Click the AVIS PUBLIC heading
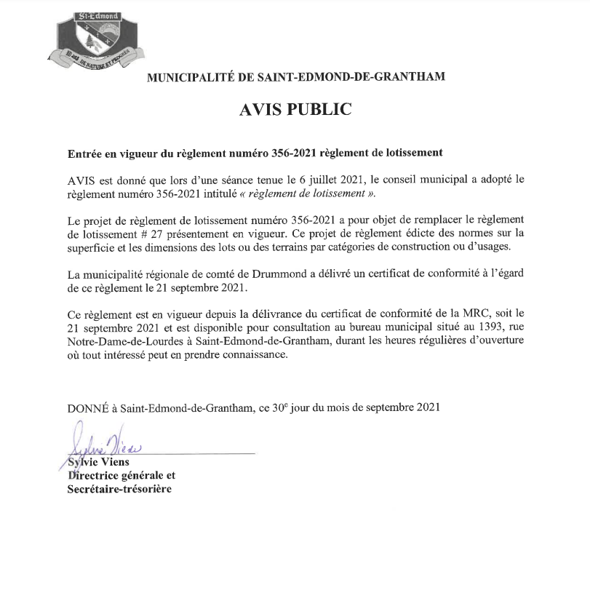click(x=295, y=110)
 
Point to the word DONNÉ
click(x=87, y=408)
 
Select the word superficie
click(x=92, y=247)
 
